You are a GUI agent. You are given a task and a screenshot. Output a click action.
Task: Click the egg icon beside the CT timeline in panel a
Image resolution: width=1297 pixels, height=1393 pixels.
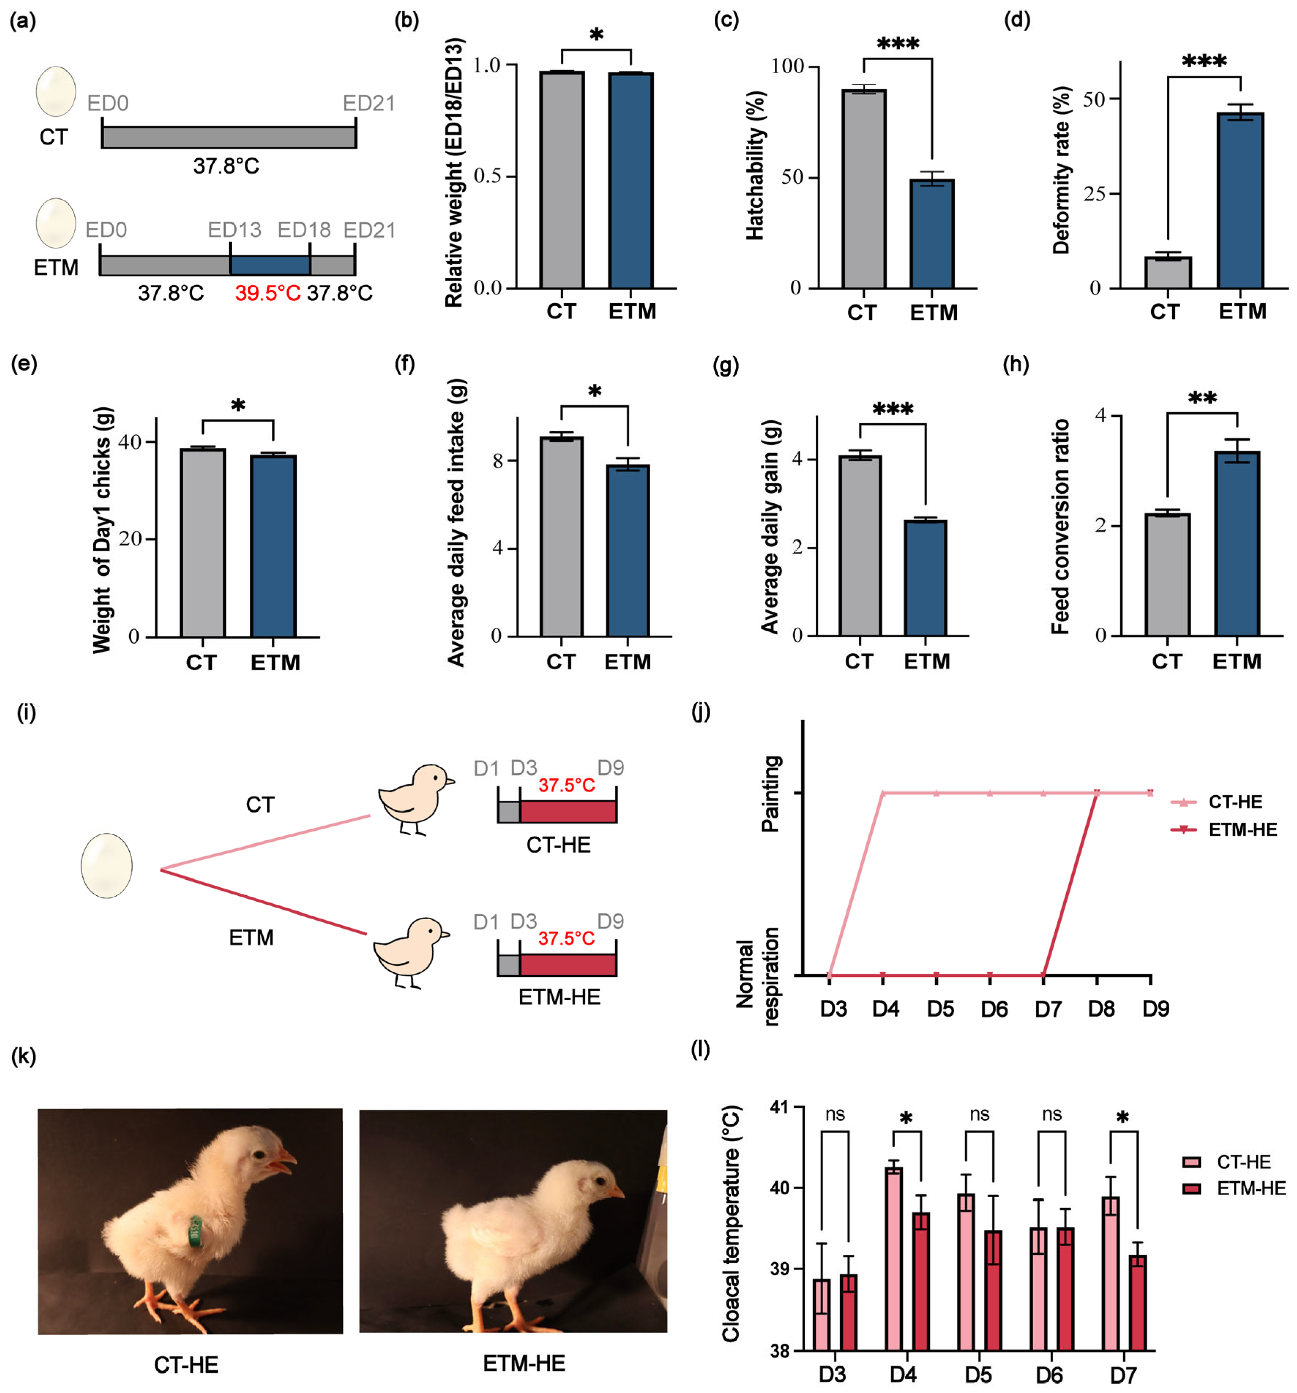tap(56, 91)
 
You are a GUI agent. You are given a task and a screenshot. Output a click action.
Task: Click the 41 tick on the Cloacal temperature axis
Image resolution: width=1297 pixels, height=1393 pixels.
tap(778, 1108)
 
